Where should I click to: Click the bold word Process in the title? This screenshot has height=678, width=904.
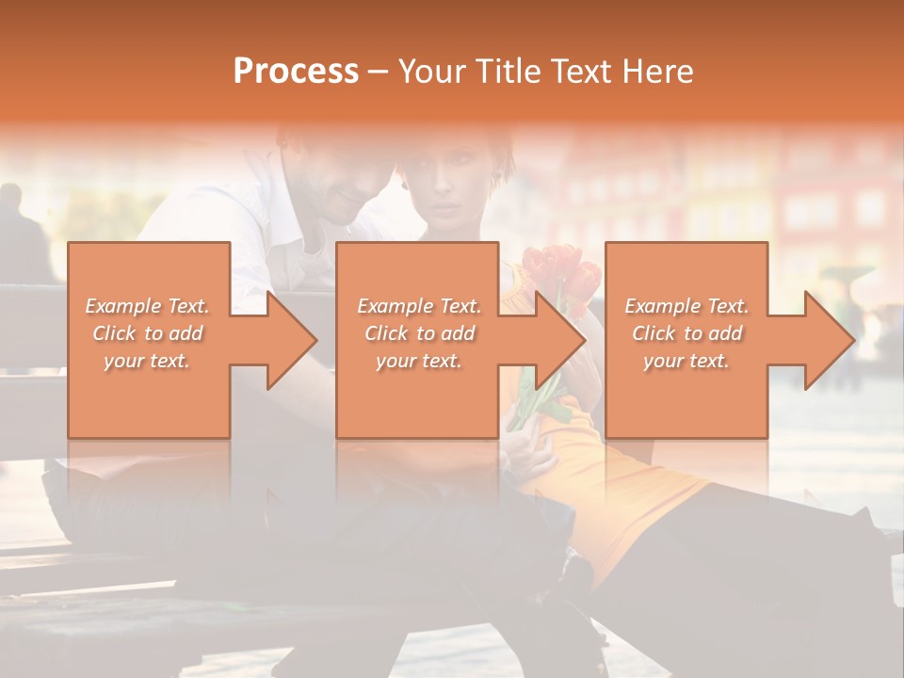(x=296, y=72)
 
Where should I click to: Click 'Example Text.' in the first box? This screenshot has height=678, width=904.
(x=147, y=306)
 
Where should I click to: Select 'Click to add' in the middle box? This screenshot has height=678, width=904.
(x=419, y=333)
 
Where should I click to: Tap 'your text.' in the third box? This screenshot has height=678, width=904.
(x=686, y=361)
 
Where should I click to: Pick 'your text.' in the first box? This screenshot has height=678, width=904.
(x=147, y=361)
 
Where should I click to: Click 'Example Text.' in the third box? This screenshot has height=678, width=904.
(x=686, y=306)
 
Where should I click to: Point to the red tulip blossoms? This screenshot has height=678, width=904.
(x=561, y=269)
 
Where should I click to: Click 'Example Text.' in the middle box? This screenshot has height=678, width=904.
(x=419, y=306)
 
